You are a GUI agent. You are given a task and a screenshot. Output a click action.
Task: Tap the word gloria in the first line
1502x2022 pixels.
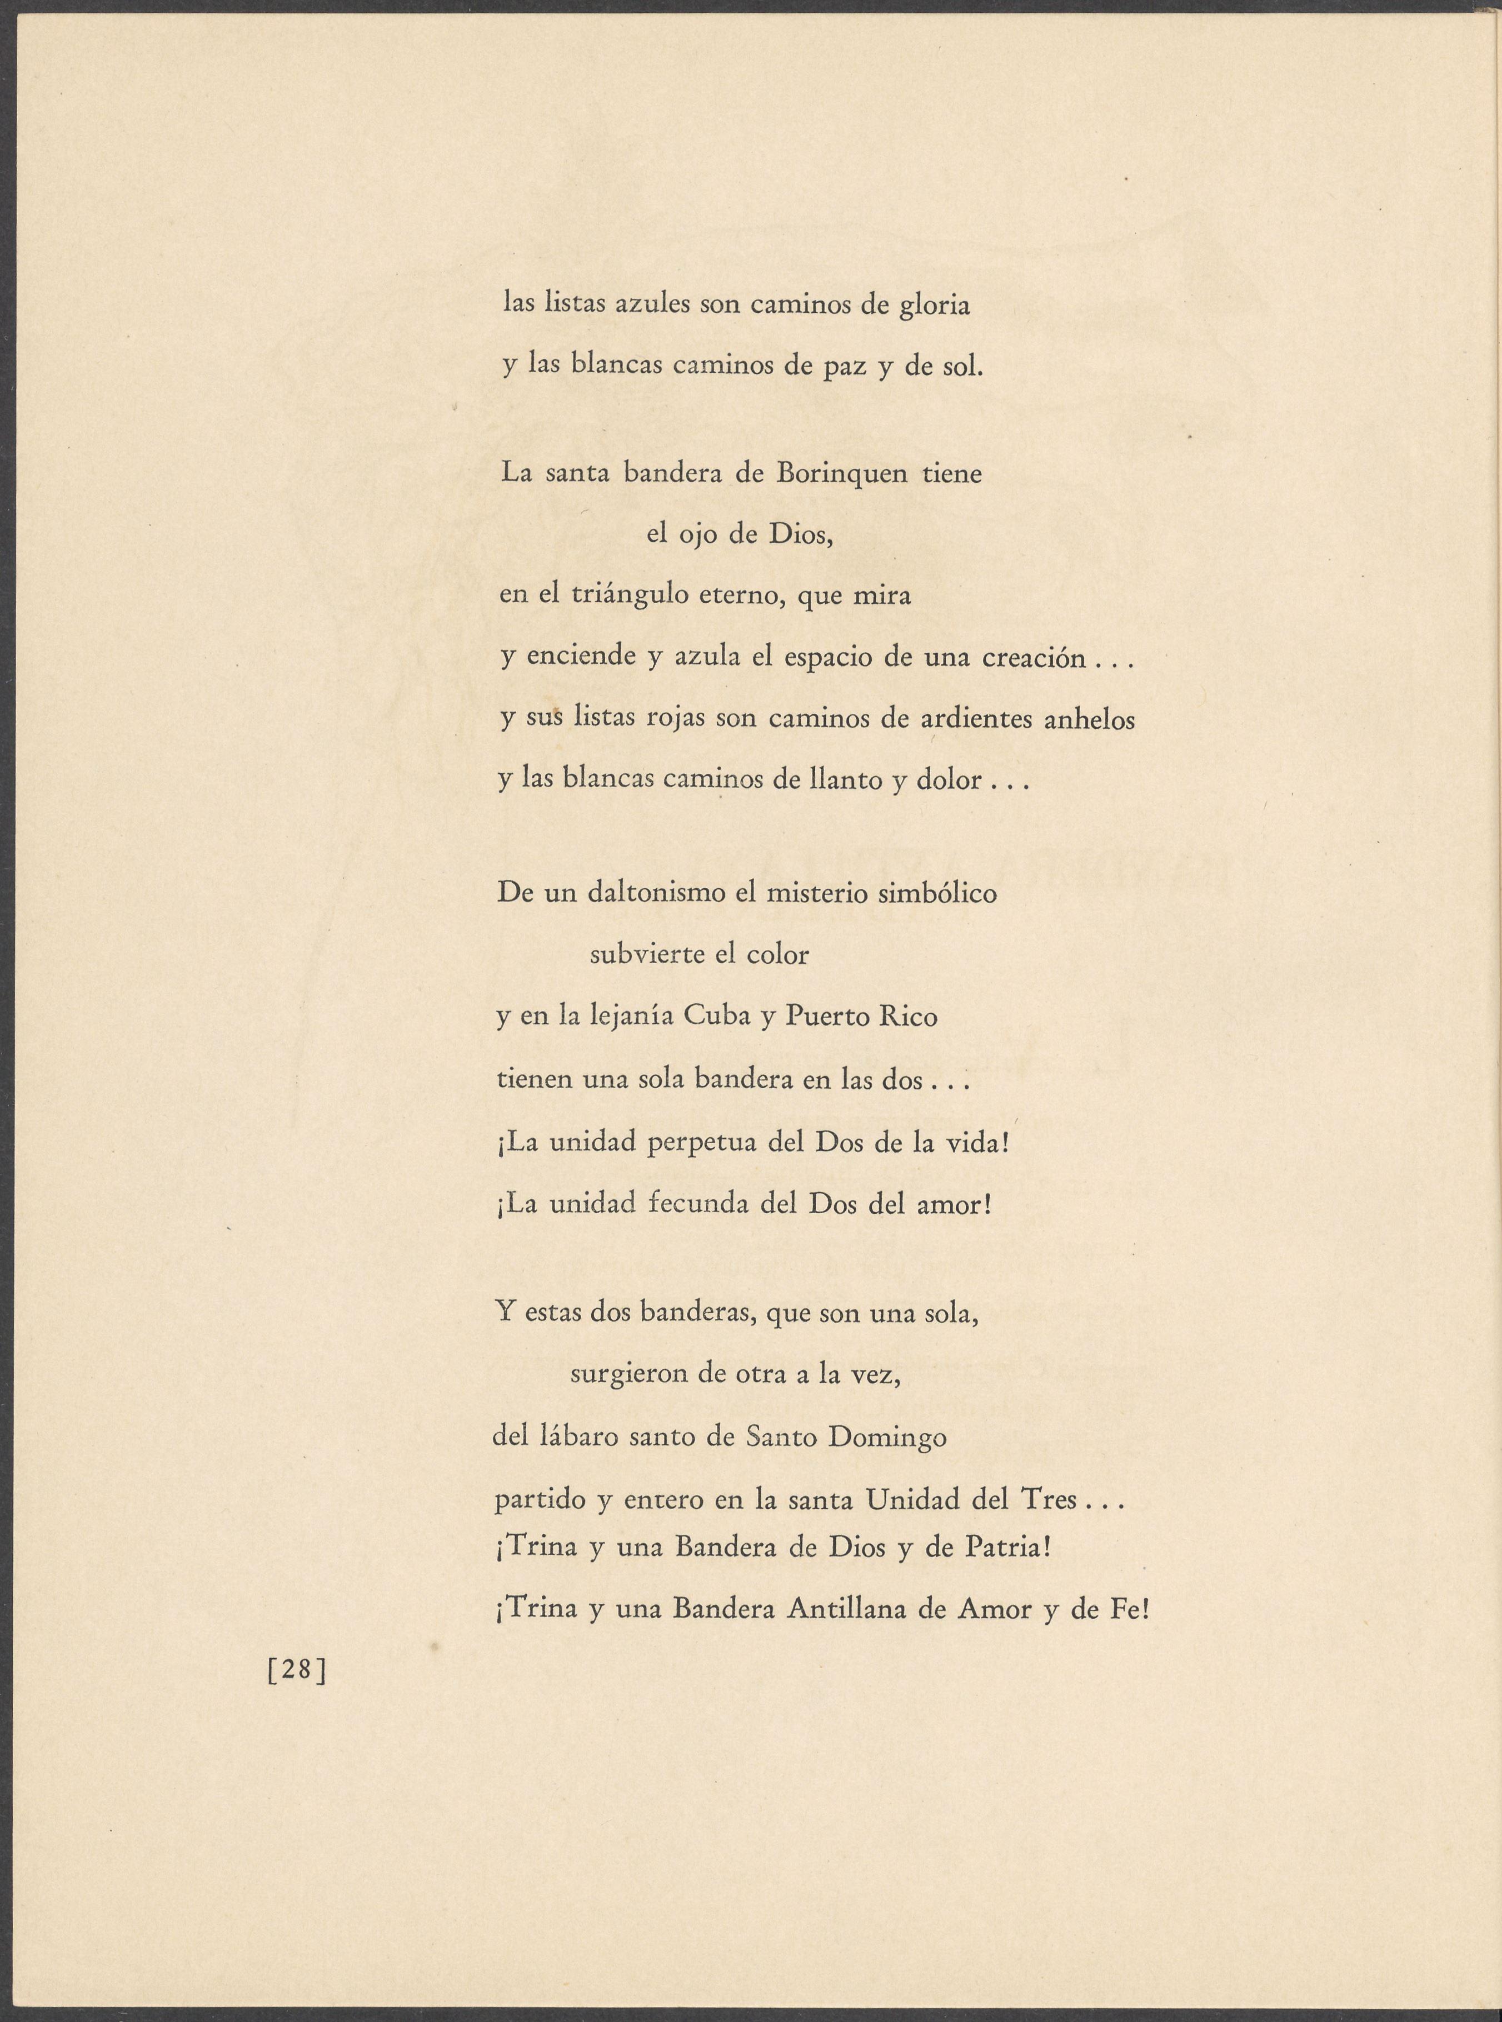click(x=935, y=306)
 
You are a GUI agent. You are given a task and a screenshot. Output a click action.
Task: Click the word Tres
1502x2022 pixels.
click(x=1049, y=1499)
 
